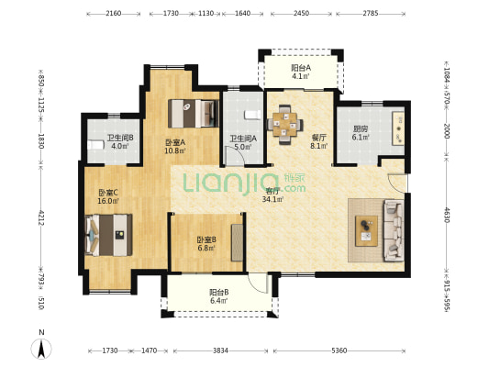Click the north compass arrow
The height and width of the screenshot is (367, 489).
(x=41, y=349)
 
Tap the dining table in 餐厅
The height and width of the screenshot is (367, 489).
(x=284, y=125)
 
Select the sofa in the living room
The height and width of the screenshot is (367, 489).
(x=394, y=230)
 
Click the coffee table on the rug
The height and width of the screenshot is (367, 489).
(x=366, y=231)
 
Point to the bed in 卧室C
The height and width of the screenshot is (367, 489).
(x=108, y=235)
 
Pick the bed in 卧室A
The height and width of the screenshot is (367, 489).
(x=193, y=114)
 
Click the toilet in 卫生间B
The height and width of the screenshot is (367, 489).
(x=95, y=145)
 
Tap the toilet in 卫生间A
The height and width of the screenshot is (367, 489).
(x=252, y=115)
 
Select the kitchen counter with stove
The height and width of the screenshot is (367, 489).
(x=398, y=128)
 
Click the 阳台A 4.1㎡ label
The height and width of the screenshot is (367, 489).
(x=301, y=72)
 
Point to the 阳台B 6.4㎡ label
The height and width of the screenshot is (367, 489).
(x=218, y=296)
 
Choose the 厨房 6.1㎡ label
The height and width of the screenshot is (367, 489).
(x=361, y=132)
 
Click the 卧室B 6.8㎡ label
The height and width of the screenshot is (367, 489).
(x=206, y=244)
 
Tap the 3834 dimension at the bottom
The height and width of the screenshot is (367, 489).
(x=220, y=350)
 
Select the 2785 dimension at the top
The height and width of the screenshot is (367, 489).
(x=371, y=13)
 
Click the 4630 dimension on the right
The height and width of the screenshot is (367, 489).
(x=446, y=215)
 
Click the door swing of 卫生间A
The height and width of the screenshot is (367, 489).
(x=236, y=155)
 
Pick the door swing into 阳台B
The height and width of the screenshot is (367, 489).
(x=259, y=284)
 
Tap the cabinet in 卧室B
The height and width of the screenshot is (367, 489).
(x=237, y=242)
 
